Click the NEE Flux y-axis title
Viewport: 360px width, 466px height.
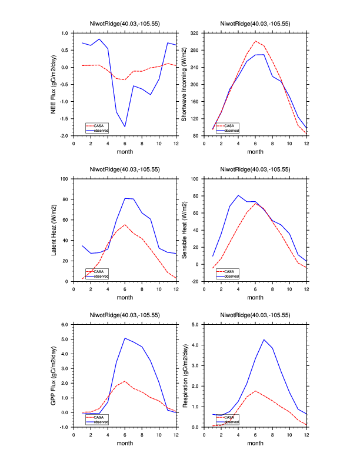pyautogui.click(x=54, y=84)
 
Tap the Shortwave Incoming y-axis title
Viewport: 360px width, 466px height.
pyautogui.click(x=184, y=84)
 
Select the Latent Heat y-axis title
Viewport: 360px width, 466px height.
pyautogui.click(x=54, y=230)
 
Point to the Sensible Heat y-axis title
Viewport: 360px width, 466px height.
pyautogui.click(x=184, y=230)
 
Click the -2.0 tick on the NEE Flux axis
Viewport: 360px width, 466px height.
pyautogui.click(x=64, y=136)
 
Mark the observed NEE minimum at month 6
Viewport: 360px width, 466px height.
pyautogui.click(x=125, y=127)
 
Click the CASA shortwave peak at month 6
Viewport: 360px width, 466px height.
pyautogui.click(x=255, y=41)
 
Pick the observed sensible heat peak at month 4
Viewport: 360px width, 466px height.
pyautogui.click(x=238, y=195)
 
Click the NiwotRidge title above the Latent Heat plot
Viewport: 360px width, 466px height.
pyautogui.click(x=125, y=169)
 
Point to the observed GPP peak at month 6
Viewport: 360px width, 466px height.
pyautogui.click(x=125, y=338)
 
